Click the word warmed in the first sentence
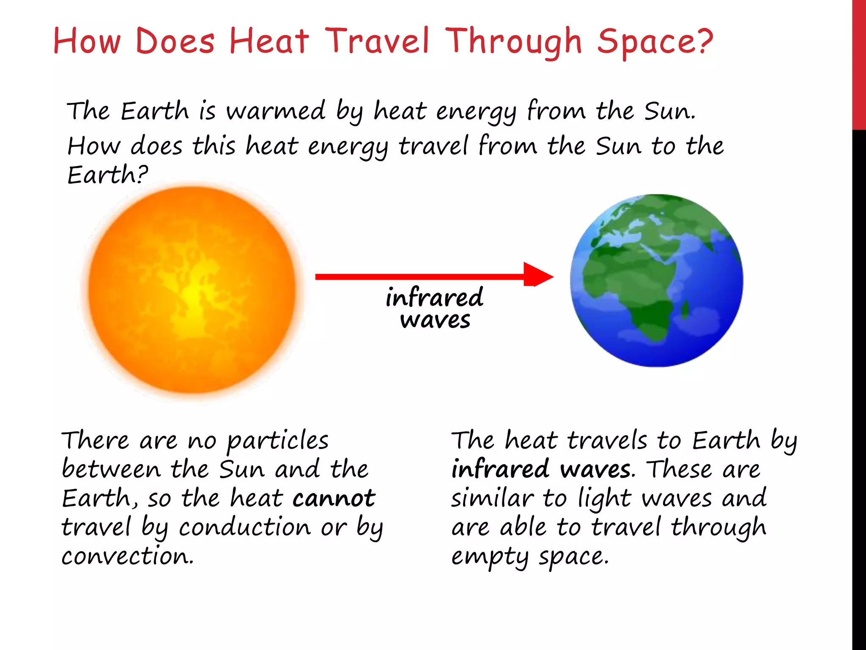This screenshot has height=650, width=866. [x=275, y=111]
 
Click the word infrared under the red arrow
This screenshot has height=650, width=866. [x=434, y=297]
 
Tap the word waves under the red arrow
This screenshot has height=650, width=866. [x=435, y=320]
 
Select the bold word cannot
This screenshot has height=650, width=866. [x=334, y=498]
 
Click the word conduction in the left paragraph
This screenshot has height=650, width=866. [x=245, y=527]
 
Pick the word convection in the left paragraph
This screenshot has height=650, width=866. [x=127, y=556]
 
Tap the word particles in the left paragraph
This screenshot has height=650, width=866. [x=277, y=441]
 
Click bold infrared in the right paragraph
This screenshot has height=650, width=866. [x=500, y=470]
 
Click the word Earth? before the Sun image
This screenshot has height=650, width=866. [x=107, y=175]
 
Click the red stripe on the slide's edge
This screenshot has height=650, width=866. [x=859, y=63]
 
